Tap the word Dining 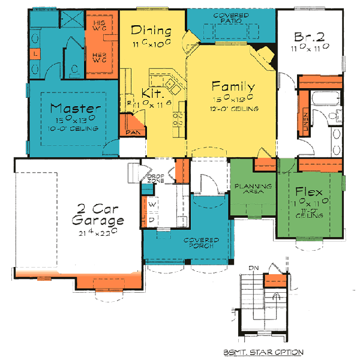point(151,31)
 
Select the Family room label point(234,86)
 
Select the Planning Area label point(253,190)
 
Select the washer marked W point(152,205)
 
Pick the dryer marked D point(152,220)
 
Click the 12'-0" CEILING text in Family point(235,109)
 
